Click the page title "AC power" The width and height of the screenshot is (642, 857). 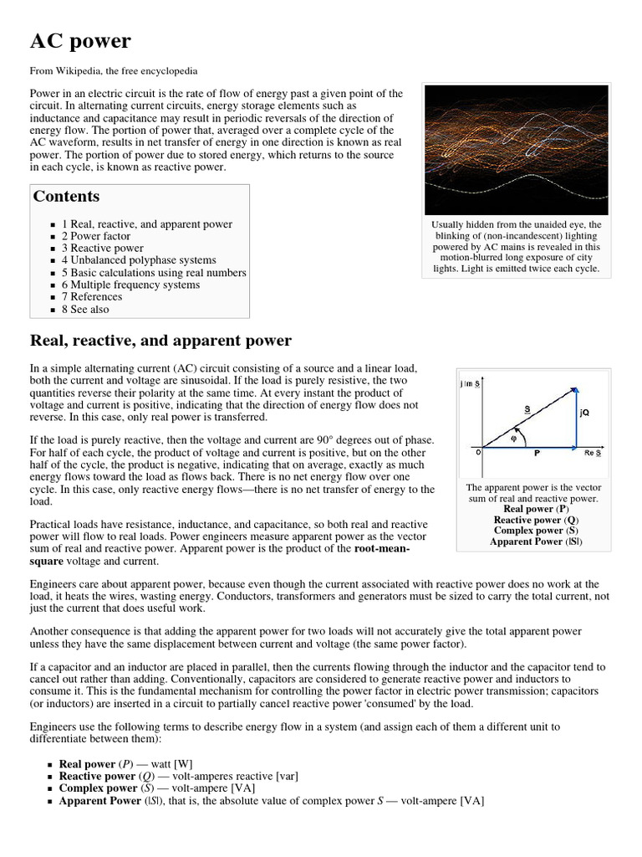tap(80, 41)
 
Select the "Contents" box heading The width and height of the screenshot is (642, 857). tap(66, 197)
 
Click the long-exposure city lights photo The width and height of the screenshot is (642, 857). tap(516, 150)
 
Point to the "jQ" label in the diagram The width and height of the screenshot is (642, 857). tap(583, 413)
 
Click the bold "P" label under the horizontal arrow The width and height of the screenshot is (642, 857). tap(536, 454)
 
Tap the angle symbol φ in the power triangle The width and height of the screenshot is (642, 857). tap(514, 437)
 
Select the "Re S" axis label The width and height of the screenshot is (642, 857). tap(592, 453)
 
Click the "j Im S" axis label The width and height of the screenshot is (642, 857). tap(471, 383)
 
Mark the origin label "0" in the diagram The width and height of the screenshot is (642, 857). tap(479, 452)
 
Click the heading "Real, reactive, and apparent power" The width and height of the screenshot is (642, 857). tap(160, 341)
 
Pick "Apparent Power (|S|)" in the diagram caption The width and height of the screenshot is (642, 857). tap(536, 541)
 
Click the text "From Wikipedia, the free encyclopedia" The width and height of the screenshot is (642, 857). tap(114, 71)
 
